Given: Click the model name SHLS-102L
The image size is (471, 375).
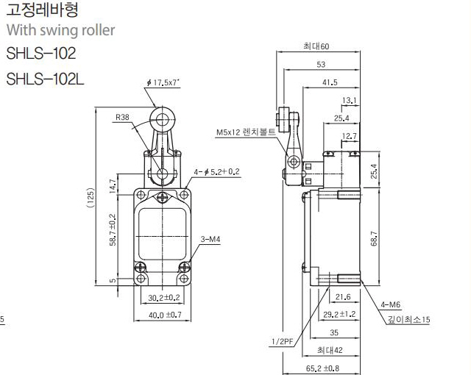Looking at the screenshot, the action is [x=45, y=79].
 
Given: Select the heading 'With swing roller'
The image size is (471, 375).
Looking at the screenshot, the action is [x=60, y=30].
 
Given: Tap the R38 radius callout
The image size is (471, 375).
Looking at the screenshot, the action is [x=122, y=117].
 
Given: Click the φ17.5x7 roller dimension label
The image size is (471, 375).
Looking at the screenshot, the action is [x=163, y=82].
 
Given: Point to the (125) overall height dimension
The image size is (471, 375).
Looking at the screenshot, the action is [x=91, y=198].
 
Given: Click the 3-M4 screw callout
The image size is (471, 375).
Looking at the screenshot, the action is [x=210, y=239].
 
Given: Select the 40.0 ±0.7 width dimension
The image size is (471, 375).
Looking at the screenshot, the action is [x=165, y=315].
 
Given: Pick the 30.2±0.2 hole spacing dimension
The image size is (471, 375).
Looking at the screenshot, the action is [x=163, y=297].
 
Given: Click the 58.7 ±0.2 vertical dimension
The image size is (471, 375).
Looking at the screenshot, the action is [x=113, y=229].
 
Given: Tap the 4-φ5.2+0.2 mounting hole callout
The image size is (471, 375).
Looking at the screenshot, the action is [x=216, y=172].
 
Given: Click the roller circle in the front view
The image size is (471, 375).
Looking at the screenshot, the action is [x=162, y=120].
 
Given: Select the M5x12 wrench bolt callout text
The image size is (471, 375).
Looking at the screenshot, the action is [x=246, y=132].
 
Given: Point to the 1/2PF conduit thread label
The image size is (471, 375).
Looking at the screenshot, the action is [x=282, y=341].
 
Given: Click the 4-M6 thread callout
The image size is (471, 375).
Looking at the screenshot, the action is [x=391, y=305].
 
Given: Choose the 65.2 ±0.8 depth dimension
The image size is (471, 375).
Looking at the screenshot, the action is [x=322, y=368].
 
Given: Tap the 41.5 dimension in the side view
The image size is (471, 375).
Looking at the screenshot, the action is [x=330, y=82].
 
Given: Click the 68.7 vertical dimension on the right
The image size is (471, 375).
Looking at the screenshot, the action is [x=374, y=238].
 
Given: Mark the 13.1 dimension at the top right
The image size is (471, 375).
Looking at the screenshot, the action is [x=349, y=100].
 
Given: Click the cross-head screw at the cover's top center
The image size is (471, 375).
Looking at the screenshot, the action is [x=162, y=197].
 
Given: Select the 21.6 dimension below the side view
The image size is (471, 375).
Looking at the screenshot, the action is [x=343, y=297].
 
